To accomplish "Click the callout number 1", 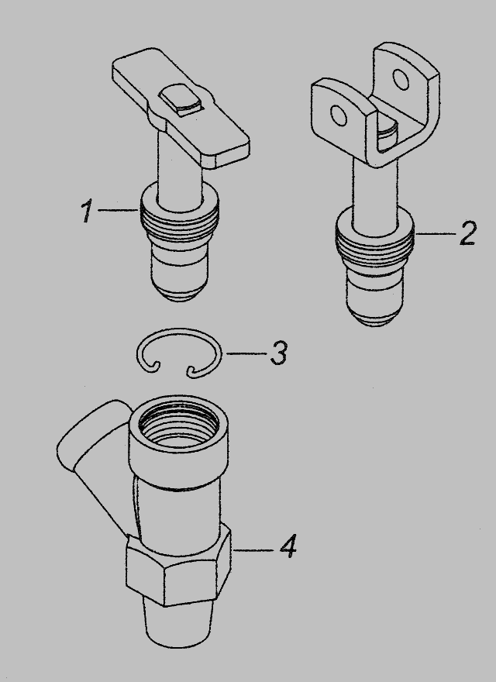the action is click(x=87, y=212).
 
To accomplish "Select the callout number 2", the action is click(x=468, y=233).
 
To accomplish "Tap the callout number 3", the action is click(x=278, y=353).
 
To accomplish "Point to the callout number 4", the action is click(x=288, y=546).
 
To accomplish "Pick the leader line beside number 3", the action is click(x=246, y=353).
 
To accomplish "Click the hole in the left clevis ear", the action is click(x=339, y=115).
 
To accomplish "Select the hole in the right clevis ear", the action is click(x=401, y=79).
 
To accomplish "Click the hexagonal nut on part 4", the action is click(x=178, y=567).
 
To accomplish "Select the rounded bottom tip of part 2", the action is click(x=374, y=316).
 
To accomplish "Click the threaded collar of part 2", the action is click(x=374, y=243).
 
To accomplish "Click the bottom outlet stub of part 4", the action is click(x=178, y=623).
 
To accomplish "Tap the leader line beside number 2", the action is click(x=435, y=233).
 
